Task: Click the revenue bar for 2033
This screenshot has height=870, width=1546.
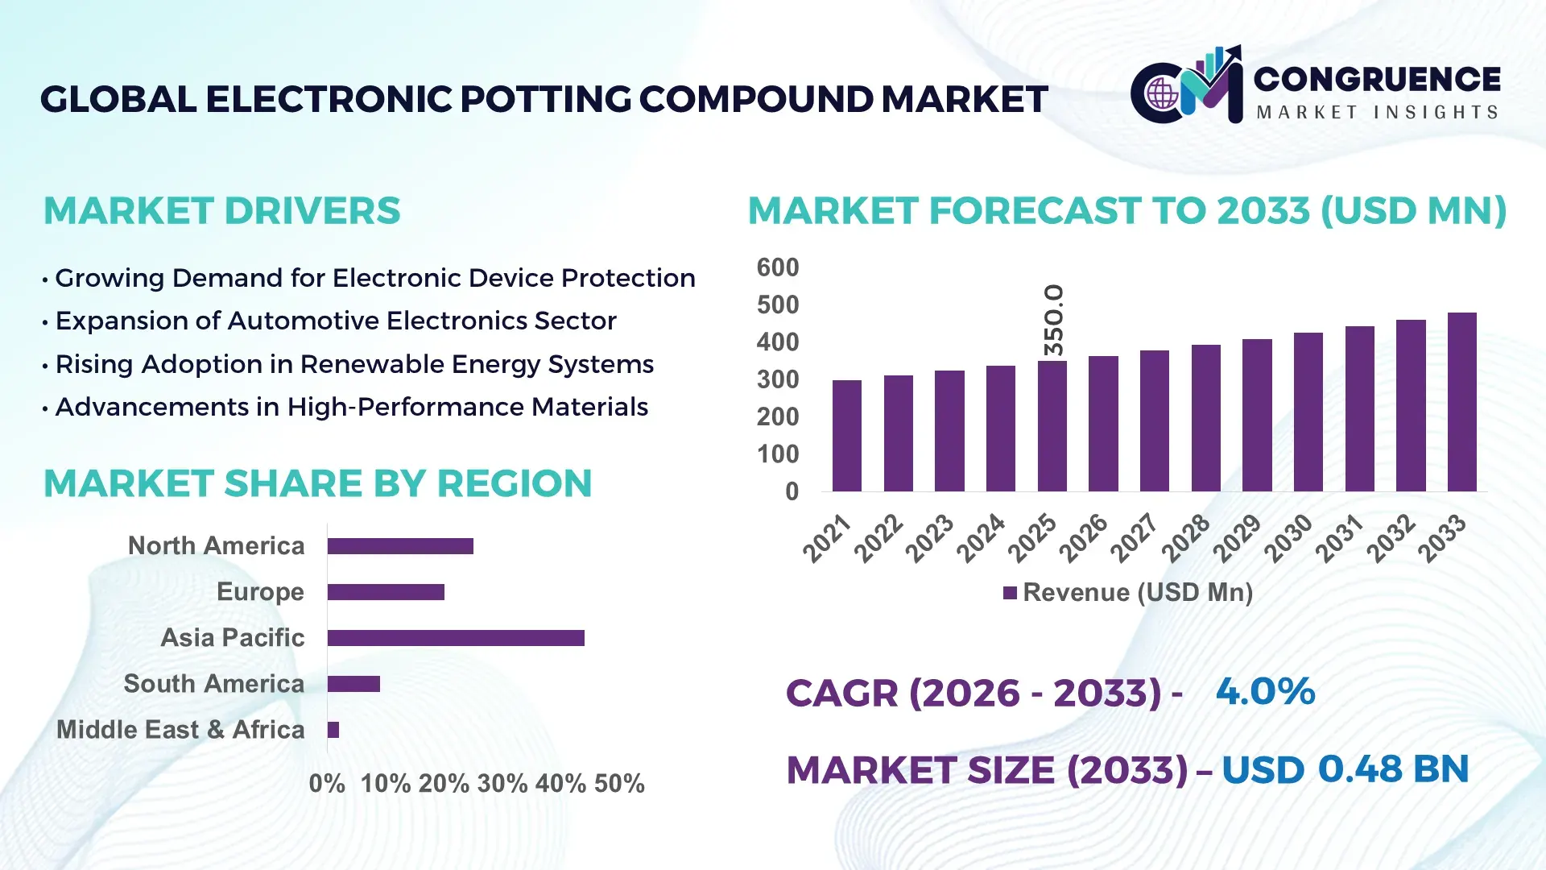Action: (x=1461, y=402)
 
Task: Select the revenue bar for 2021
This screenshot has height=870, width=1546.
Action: (x=846, y=436)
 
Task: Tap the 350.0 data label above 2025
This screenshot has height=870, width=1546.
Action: (x=1053, y=320)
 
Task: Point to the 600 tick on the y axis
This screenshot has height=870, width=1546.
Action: (x=777, y=267)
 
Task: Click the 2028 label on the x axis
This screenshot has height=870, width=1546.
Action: (x=1186, y=538)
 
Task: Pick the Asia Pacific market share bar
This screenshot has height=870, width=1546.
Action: (x=456, y=638)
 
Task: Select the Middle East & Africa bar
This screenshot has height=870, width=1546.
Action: (x=333, y=730)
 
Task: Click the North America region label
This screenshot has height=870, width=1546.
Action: (x=216, y=545)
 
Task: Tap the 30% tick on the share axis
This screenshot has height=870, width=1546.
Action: (x=502, y=783)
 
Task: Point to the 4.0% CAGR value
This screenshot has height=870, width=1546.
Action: (x=1264, y=691)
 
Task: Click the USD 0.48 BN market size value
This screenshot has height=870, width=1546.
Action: (x=1345, y=769)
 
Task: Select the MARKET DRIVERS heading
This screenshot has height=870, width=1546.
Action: (x=221, y=211)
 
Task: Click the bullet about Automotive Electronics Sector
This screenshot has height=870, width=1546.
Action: (x=335, y=321)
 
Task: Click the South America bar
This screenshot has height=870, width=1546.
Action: (x=353, y=684)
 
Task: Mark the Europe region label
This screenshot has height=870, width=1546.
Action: (x=260, y=591)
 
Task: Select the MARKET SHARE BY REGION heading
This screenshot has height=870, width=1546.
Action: (x=317, y=483)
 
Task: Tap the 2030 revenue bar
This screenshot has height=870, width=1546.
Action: (x=1308, y=412)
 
